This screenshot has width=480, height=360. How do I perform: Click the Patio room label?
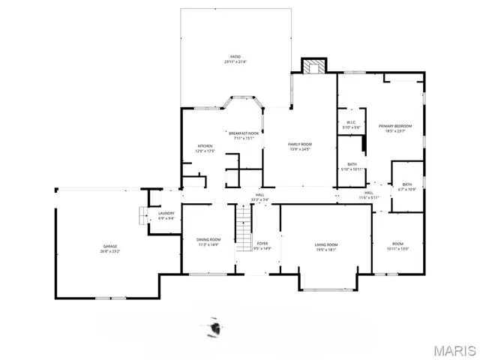point(235,59)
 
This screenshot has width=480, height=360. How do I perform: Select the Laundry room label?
point(166,216)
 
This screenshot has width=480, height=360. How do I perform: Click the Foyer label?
point(262,245)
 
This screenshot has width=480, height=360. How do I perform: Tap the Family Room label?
point(300,145)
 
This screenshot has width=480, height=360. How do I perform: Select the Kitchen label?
point(205,148)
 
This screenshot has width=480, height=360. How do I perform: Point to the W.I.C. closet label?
point(351,124)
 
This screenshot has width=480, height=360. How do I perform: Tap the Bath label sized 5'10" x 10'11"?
point(352,166)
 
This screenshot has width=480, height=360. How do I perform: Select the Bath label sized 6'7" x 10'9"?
point(406,186)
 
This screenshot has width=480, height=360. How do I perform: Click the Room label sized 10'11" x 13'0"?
point(397,246)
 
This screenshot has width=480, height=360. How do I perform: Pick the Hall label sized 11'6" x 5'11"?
point(369,194)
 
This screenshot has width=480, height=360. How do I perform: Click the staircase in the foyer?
point(244,229)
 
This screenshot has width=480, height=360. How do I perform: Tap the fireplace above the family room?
point(312,66)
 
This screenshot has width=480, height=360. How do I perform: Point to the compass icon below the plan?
point(217,328)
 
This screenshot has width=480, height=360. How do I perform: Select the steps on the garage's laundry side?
point(140,217)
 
